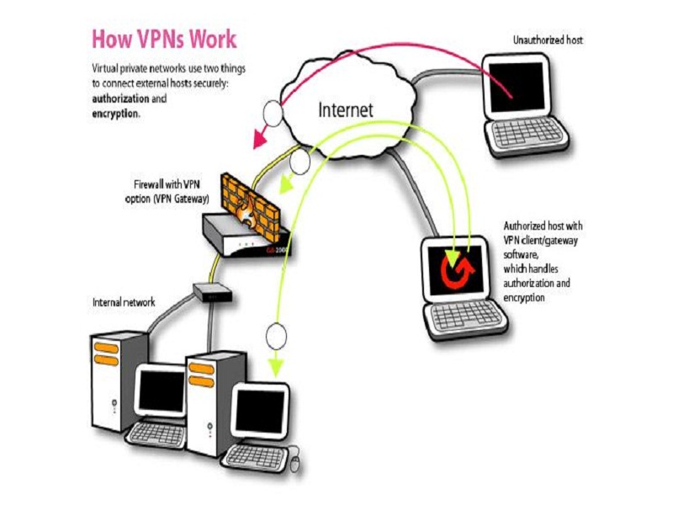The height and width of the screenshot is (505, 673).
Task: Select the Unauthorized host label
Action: [x=548, y=40]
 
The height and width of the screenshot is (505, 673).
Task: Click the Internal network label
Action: [x=123, y=301]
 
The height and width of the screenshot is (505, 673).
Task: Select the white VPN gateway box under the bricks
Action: [x=244, y=235]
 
